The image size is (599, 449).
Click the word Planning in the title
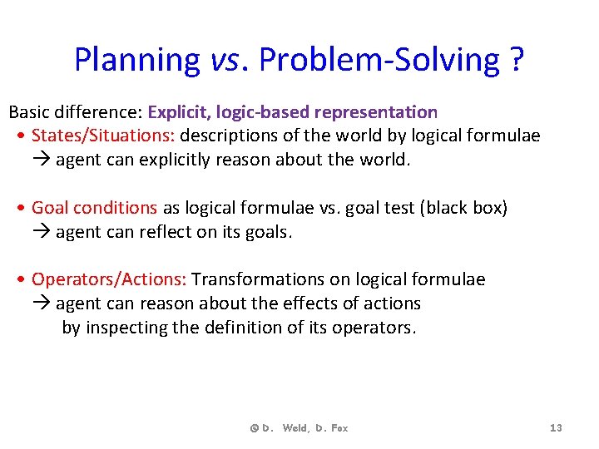[136, 60]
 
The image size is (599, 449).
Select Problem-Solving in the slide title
[379, 60]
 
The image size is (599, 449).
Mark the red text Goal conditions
[94, 208]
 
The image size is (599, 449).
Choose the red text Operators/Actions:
[109, 279]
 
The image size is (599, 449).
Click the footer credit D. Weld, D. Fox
[299, 428]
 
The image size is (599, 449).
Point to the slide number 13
[556, 428]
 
